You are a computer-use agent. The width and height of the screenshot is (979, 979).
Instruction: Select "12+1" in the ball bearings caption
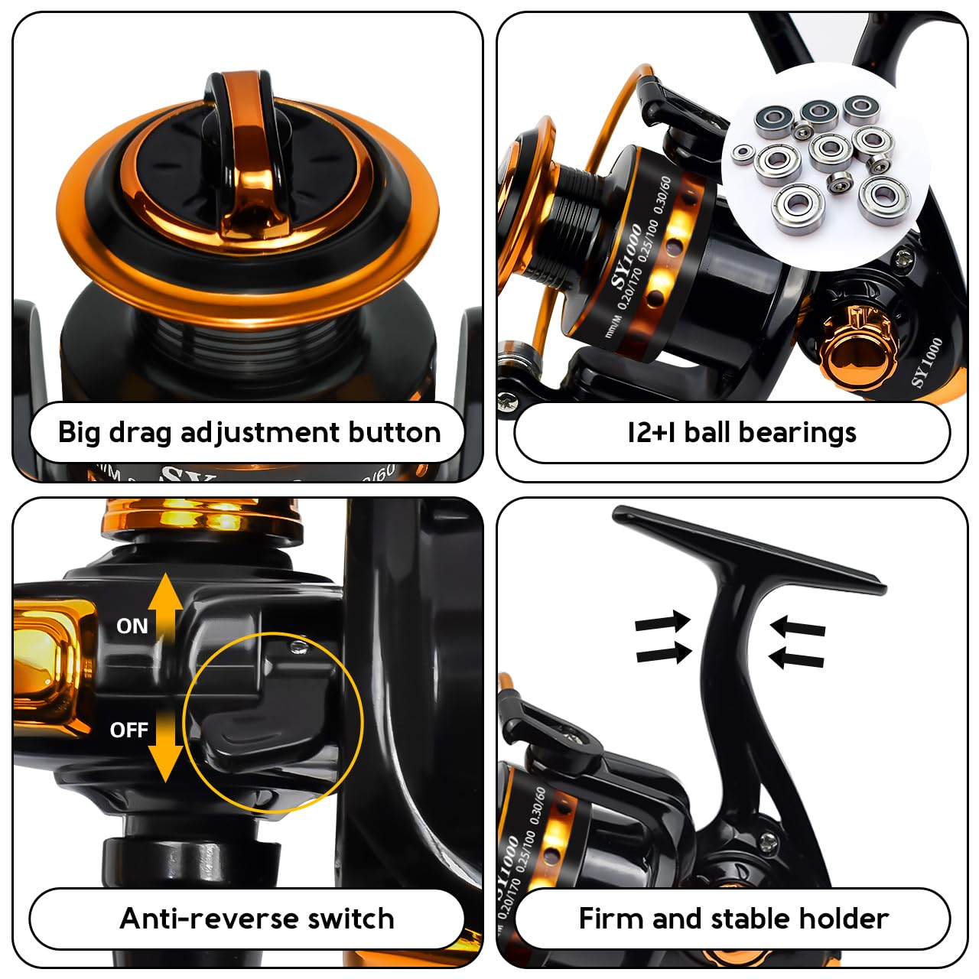pos(651,433)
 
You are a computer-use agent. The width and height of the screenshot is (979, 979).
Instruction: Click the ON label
pos(132,626)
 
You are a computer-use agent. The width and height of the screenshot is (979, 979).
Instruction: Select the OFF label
pos(128,730)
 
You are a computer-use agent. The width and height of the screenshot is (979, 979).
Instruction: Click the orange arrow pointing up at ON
pos(165,604)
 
